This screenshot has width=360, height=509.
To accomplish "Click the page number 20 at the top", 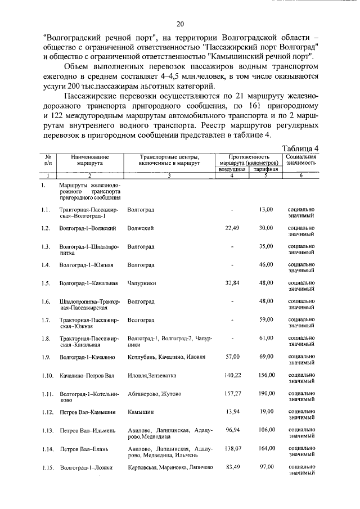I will (x=180, y=24).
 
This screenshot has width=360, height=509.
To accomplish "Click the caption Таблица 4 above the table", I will (x=300, y=147).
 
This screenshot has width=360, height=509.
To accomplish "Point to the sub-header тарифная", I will (x=265, y=169).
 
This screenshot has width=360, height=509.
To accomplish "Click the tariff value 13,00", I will (x=265, y=209).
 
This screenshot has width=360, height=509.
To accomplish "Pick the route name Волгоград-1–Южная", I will (x=87, y=264).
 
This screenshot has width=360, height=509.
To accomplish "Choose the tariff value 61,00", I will (x=265, y=338).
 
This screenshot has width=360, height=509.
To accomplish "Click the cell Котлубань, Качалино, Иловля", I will (x=158, y=357).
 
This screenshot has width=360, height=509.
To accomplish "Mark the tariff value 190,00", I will (x=265, y=394).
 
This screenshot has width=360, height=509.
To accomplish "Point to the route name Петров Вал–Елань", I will (x=84, y=449).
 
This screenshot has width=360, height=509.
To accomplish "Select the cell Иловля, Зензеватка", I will (x=151, y=375).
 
